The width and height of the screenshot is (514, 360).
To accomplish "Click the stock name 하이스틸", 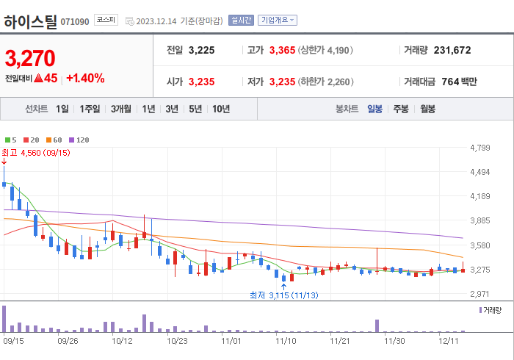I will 30,21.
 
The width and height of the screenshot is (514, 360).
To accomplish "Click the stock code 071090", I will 75,22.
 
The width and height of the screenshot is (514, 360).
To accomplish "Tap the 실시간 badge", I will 241,21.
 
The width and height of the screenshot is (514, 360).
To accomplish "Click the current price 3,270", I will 30,58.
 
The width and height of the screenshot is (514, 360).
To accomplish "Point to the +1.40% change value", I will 85,78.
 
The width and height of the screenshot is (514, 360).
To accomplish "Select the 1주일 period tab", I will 90,109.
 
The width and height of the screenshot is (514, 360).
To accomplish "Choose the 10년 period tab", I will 220,109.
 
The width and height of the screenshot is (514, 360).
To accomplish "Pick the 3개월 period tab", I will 121,109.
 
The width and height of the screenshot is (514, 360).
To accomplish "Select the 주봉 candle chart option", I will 401,109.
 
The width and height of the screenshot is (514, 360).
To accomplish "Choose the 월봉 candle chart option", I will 427,109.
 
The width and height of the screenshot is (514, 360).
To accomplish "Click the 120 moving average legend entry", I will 79,140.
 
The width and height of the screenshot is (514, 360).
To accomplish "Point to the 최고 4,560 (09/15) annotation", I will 37,152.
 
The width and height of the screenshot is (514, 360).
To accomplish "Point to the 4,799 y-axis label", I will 479,148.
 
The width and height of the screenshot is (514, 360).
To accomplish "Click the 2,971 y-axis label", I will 479,293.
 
